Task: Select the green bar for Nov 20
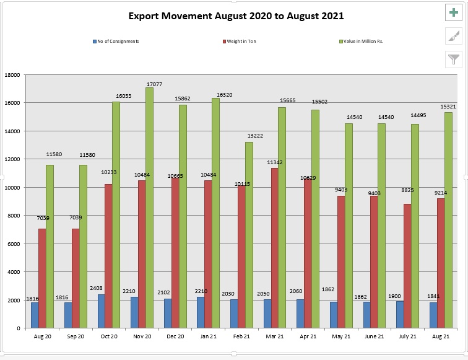tap(150, 208)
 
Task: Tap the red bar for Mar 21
tap(274, 248)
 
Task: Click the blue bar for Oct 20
tap(101, 311)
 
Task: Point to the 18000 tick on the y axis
tap(12, 75)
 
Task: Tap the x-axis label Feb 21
tap(241, 335)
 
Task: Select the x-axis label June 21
tap(374, 335)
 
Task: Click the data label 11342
tap(274, 162)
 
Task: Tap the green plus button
tap(454, 12)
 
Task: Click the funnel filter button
tap(454, 59)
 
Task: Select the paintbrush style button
tap(454, 36)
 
